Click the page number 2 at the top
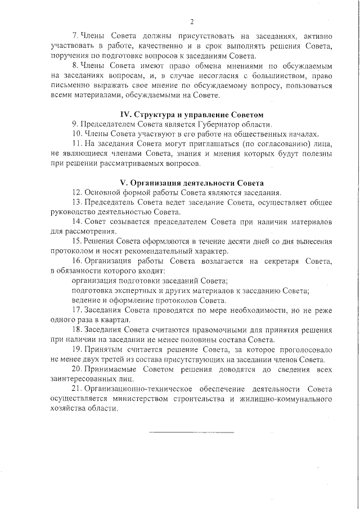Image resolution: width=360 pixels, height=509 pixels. [192, 22]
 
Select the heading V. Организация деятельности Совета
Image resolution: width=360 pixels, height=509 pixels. [192, 183]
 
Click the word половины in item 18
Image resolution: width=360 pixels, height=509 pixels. [211, 340]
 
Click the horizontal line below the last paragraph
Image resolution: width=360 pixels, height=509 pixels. [191, 433]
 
